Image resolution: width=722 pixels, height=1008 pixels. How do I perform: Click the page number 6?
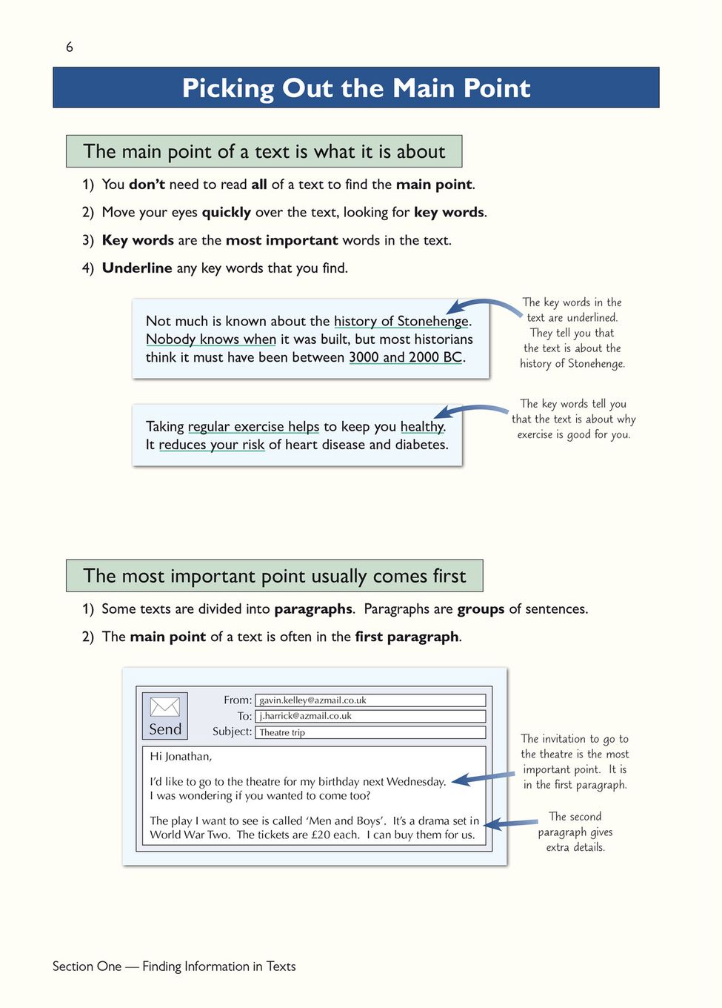click(70, 47)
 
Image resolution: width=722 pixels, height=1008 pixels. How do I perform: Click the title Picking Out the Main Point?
click(356, 88)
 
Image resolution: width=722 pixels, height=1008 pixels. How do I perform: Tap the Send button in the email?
click(165, 729)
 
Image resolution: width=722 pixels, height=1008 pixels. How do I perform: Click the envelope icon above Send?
click(165, 706)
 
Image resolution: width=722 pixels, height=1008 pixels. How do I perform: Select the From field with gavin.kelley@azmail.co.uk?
click(370, 700)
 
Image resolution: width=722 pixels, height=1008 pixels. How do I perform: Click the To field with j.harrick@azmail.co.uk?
click(370, 716)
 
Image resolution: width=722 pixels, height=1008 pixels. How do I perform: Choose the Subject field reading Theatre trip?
click(370, 732)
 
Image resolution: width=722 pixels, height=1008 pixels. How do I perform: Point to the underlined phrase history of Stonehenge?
click(401, 321)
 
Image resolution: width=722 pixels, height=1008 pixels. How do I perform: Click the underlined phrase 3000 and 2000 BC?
click(406, 357)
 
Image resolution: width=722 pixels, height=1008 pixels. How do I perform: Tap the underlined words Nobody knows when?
click(211, 339)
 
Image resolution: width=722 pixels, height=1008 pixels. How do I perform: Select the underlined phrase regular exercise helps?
click(253, 427)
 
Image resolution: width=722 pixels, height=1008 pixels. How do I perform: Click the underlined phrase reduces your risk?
click(212, 445)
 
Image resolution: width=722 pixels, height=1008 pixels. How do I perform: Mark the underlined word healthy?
click(422, 427)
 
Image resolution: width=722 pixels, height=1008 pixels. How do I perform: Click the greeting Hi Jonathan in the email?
click(181, 757)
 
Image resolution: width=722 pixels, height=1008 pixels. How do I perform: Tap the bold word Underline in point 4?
click(137, 268)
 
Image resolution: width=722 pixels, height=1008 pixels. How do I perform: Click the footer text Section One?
click(87, 966)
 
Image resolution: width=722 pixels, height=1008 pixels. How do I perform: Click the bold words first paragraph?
click(407, 637)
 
